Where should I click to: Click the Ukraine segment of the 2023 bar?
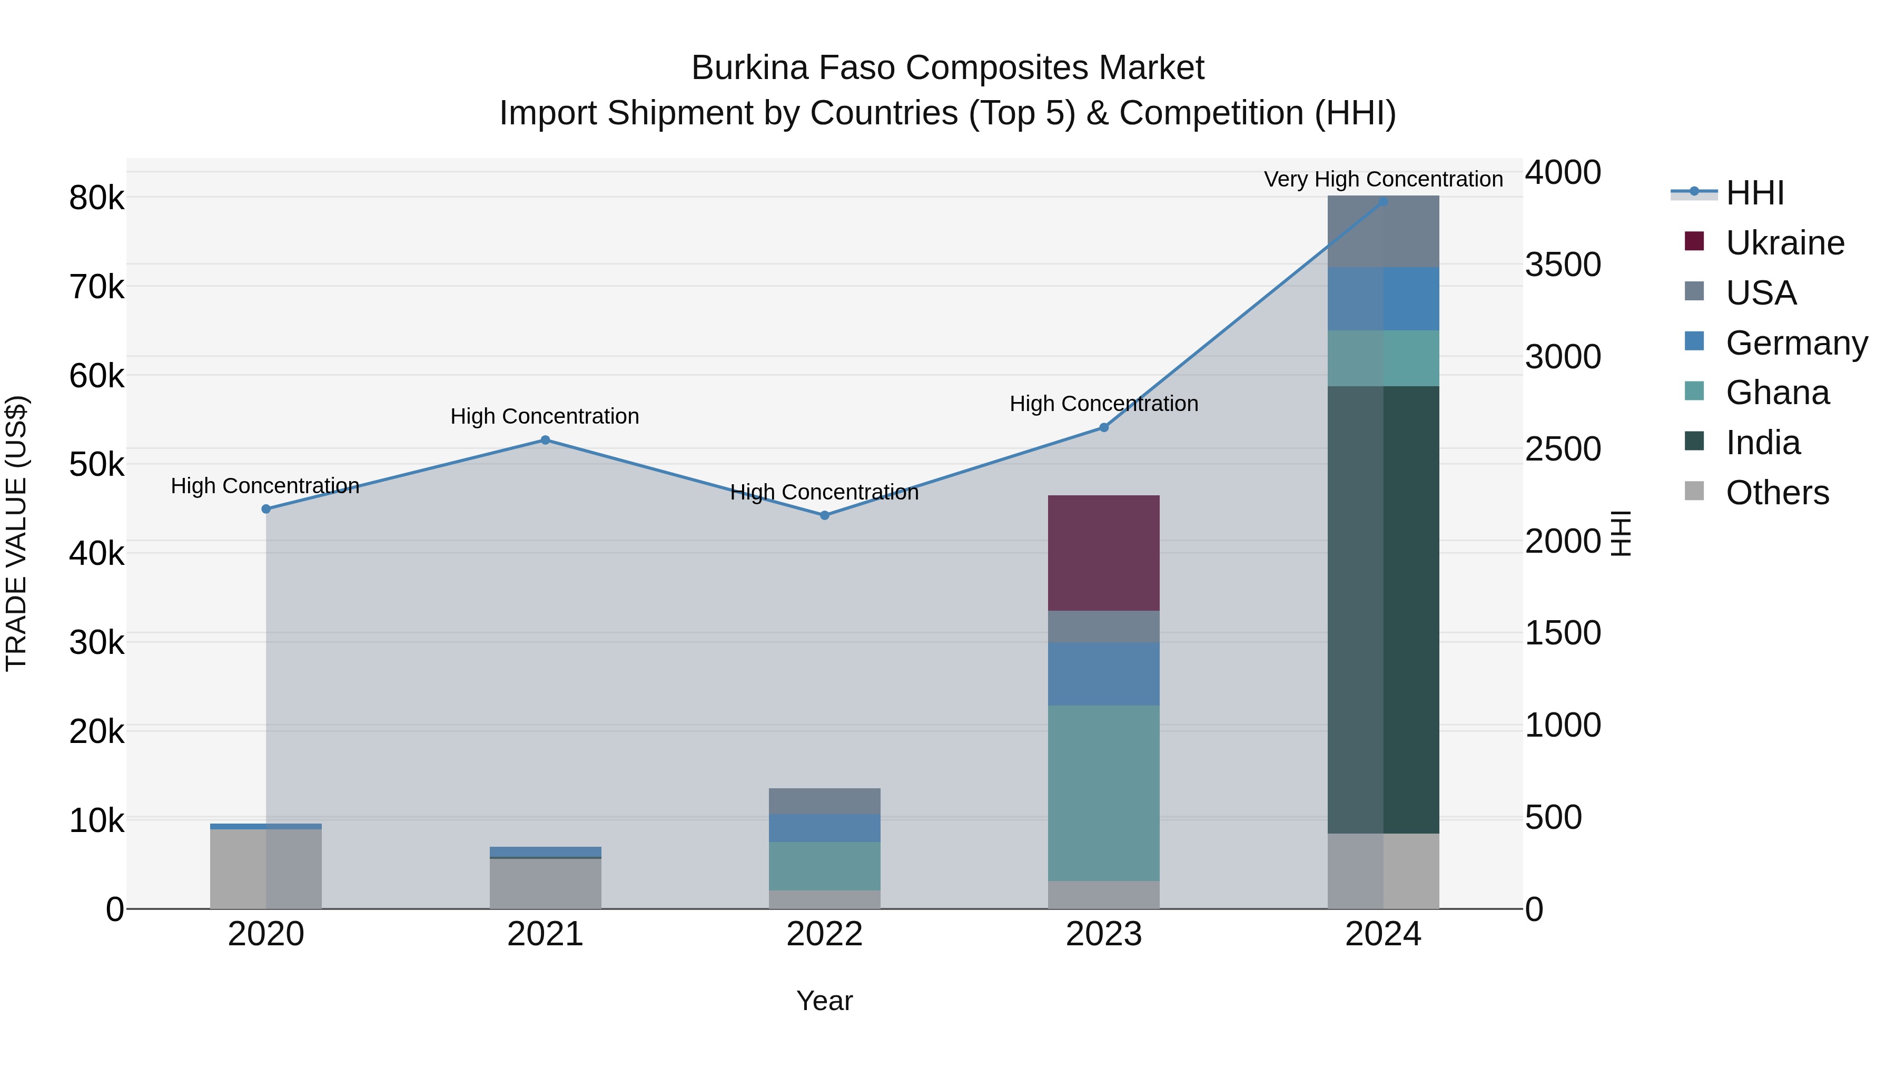click(x=1103, y=552)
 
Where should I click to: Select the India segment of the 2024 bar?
click(x=1383, y=609)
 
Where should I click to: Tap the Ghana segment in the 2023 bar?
click(x=1103, y=792)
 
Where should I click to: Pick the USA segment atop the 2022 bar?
click(x=824, y=801)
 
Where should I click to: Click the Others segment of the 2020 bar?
click(x=266, y=868)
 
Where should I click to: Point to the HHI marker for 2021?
click(x=546, y=440)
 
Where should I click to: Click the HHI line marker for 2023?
click(x=1103, y=428)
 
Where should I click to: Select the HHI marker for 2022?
click(x=824, y=515)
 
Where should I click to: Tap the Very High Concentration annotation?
click(x=1383, y=180)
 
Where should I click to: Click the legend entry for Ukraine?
click(x=1784, y=243)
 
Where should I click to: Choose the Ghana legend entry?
click(x=1777, y=393)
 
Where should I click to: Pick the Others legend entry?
click(x=1777, y=493)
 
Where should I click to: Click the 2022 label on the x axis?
click(x=824, y=934)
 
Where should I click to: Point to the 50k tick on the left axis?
click(x=96, y=465)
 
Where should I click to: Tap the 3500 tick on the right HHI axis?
click(x=1563, y=265)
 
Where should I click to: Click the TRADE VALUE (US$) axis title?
click(x=16, y=533)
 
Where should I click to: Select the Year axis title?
click(x=824, y=1001)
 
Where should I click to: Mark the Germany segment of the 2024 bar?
click(x=1383, y=299)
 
